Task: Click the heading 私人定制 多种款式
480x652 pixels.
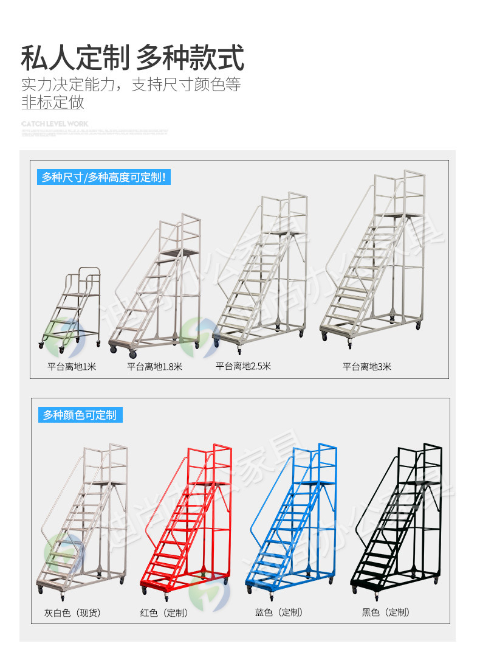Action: (132, 58)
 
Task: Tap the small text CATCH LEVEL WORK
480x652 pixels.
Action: (55, 123)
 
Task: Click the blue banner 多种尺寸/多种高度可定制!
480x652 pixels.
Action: (103, 178)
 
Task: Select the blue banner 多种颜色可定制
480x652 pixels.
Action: (80, 415)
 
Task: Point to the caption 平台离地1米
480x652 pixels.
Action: (72, 367)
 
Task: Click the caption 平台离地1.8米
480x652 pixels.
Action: (154, 367)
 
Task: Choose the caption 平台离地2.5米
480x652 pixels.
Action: (243, 366)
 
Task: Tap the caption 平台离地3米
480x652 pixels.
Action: (367, 367)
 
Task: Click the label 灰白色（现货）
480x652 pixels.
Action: (72, 612)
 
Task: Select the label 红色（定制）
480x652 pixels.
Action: (164, 612)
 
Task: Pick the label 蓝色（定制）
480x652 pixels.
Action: (279, 612)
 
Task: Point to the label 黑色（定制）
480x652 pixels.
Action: (386, 612)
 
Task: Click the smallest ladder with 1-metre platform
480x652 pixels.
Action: (72, 310)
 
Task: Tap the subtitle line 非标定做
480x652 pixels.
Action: (53, 102)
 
